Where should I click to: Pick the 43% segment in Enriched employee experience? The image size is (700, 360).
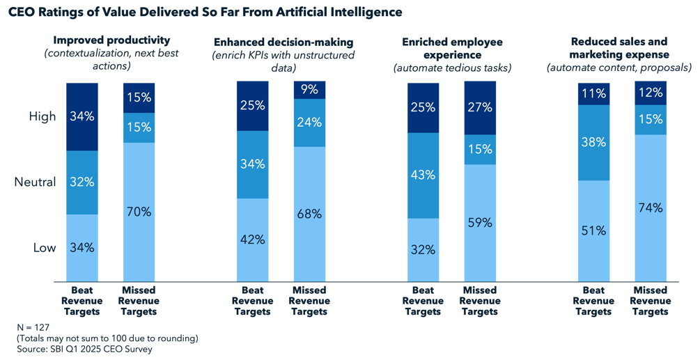423,176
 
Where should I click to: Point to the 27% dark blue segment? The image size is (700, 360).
479,108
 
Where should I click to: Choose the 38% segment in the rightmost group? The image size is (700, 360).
594,143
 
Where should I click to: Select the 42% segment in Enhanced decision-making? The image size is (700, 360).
252,239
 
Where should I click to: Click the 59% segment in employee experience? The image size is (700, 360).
479,223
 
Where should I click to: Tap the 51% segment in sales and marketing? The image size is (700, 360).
594,230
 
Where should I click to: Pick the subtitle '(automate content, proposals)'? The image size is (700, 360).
619,68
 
